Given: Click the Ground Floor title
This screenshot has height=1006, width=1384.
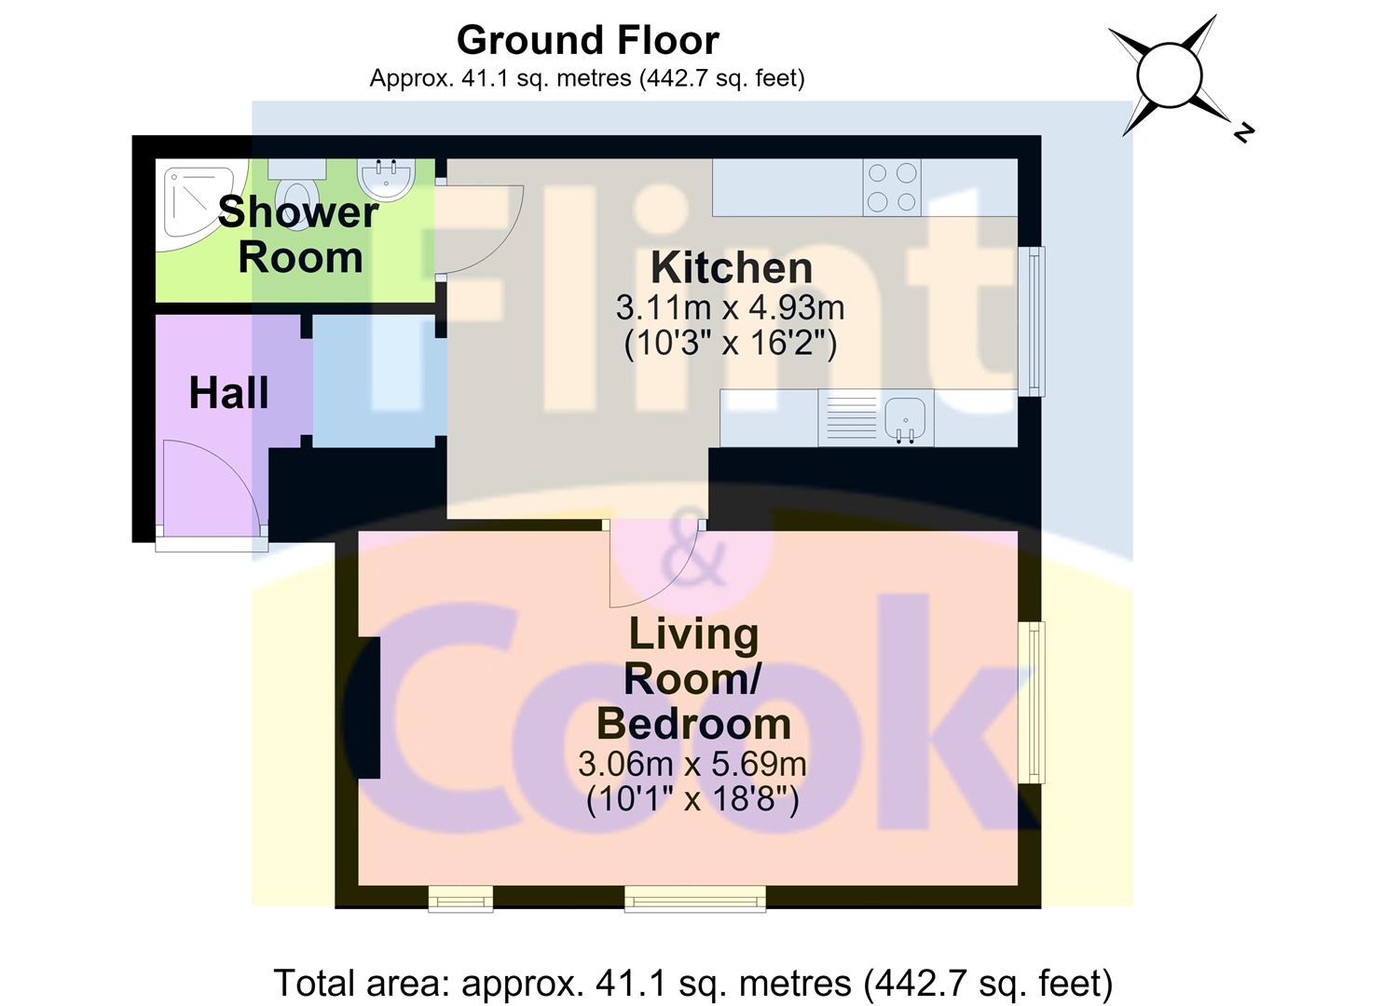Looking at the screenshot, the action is pos(587,41).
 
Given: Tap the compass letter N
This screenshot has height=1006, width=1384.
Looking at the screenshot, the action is pos(1243,132).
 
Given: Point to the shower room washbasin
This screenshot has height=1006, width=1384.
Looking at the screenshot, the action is pos(387,179).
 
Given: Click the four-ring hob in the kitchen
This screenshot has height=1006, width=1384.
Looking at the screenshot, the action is pos(892,188).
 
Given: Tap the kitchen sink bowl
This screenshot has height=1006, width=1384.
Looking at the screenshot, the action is pos(905,420).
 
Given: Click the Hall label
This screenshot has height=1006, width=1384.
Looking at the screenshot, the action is pos(228,393).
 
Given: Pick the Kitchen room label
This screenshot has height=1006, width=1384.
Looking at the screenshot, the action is pos(732,268).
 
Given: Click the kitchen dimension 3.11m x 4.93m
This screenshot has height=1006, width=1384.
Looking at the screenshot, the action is pos(731,307).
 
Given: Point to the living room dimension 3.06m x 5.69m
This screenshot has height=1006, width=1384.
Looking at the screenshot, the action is pos(692,764).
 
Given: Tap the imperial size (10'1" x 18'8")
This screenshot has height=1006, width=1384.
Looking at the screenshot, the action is pos(692,800).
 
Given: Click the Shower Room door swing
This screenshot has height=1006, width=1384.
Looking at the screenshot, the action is pos(479,230).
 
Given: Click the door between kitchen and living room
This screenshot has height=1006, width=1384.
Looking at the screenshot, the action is pos(654,564).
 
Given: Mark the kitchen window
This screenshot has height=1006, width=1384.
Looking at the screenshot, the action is pos(1031,321).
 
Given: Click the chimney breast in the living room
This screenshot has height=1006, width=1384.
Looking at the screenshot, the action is pos(369,708).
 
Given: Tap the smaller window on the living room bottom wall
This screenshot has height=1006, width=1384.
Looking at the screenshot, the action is pos(461,898).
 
